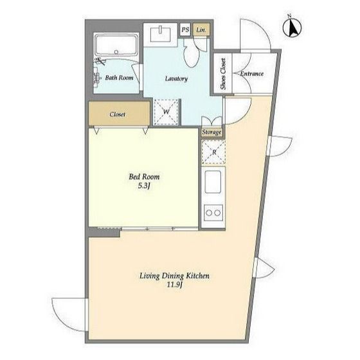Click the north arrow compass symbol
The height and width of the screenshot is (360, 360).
tap(292, 27)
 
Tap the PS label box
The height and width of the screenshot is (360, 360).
tap(185, 30)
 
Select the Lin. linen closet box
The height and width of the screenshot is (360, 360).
tap(201, 30)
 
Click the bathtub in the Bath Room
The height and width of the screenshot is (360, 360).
tap(116, 45)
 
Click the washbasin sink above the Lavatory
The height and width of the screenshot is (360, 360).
tap(161, 34)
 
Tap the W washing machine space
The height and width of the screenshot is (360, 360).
tap(166, 112)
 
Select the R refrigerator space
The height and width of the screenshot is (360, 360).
tap(213, 152)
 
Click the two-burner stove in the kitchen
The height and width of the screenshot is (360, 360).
tap(213, 213)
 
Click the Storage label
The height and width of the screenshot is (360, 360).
tap(212, 132)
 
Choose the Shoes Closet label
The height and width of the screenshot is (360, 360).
tap(223, 74)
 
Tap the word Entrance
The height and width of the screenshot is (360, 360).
tap(251, 74)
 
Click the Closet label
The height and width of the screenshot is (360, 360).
tap(118, 114)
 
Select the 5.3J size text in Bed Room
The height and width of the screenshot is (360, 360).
tap(144, 186)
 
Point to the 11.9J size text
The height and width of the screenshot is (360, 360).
tap(174, 285)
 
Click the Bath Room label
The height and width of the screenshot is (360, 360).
tap(119, 78)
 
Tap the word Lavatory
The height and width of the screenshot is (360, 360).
tap(176, 78)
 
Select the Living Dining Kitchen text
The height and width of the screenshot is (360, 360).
tap(174, 276)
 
